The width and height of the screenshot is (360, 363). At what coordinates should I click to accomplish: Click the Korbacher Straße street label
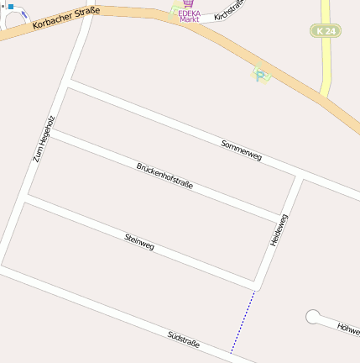point(66,19)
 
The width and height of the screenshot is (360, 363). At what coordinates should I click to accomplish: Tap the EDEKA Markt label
point(189,15)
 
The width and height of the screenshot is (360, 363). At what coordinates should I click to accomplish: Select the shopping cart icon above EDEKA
point(187,3)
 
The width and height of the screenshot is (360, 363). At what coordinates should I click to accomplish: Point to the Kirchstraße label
point(229,11)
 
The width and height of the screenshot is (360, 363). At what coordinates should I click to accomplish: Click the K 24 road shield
point(325,30)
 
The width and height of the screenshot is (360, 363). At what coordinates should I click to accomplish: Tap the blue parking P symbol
point(262,75)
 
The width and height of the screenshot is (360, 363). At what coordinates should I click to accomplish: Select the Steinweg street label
point(139,241)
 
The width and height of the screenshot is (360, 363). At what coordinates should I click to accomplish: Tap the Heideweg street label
point(280,229)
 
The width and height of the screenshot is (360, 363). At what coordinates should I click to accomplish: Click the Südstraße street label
point(183,339)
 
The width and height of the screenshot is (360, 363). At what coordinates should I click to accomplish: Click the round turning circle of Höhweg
point(314,317)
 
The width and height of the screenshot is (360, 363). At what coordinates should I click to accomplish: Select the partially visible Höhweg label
point(347,326)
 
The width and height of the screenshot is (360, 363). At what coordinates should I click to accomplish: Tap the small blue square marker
point(11,6)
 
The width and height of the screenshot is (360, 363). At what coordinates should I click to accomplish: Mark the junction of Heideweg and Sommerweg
point(299,177)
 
